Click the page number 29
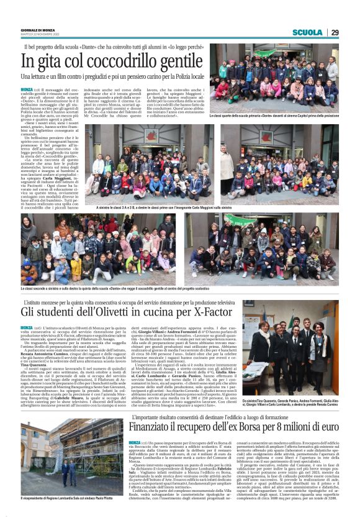click(x=335, y=32)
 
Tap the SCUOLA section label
click(x=308, y=32)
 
